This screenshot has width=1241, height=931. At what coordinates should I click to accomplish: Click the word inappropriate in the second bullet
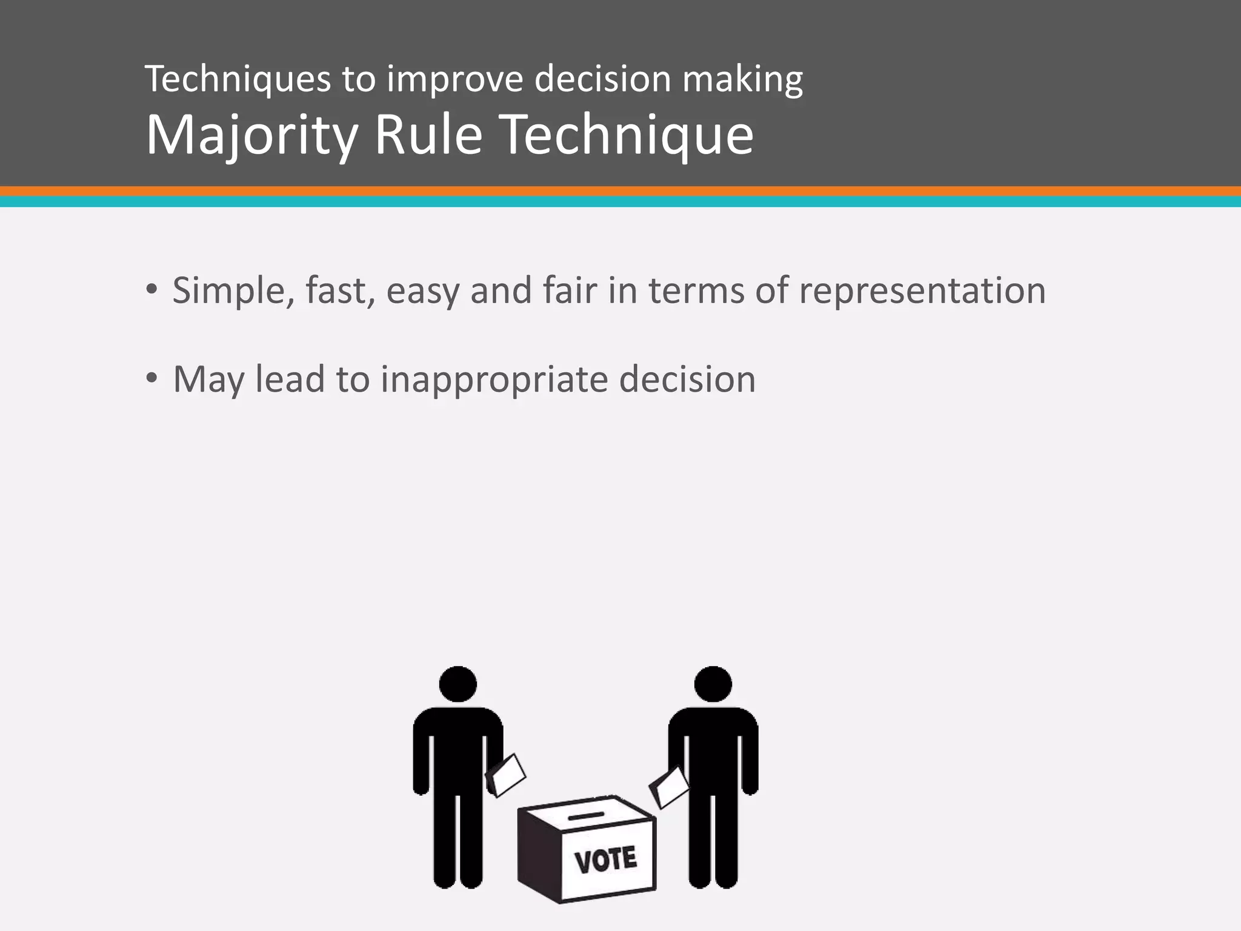pos(494,380)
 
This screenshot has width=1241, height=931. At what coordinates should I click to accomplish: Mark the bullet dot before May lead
pos(151,378)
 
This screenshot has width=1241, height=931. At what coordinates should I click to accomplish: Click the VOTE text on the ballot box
pos(605,860)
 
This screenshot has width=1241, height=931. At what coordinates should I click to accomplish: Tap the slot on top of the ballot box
pos(586,816)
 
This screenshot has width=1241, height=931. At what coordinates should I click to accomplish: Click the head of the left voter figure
pos(457,684)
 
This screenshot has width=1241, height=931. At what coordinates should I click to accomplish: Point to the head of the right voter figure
pos(713,684)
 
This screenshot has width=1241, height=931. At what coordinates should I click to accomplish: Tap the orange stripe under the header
pos(620,191)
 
